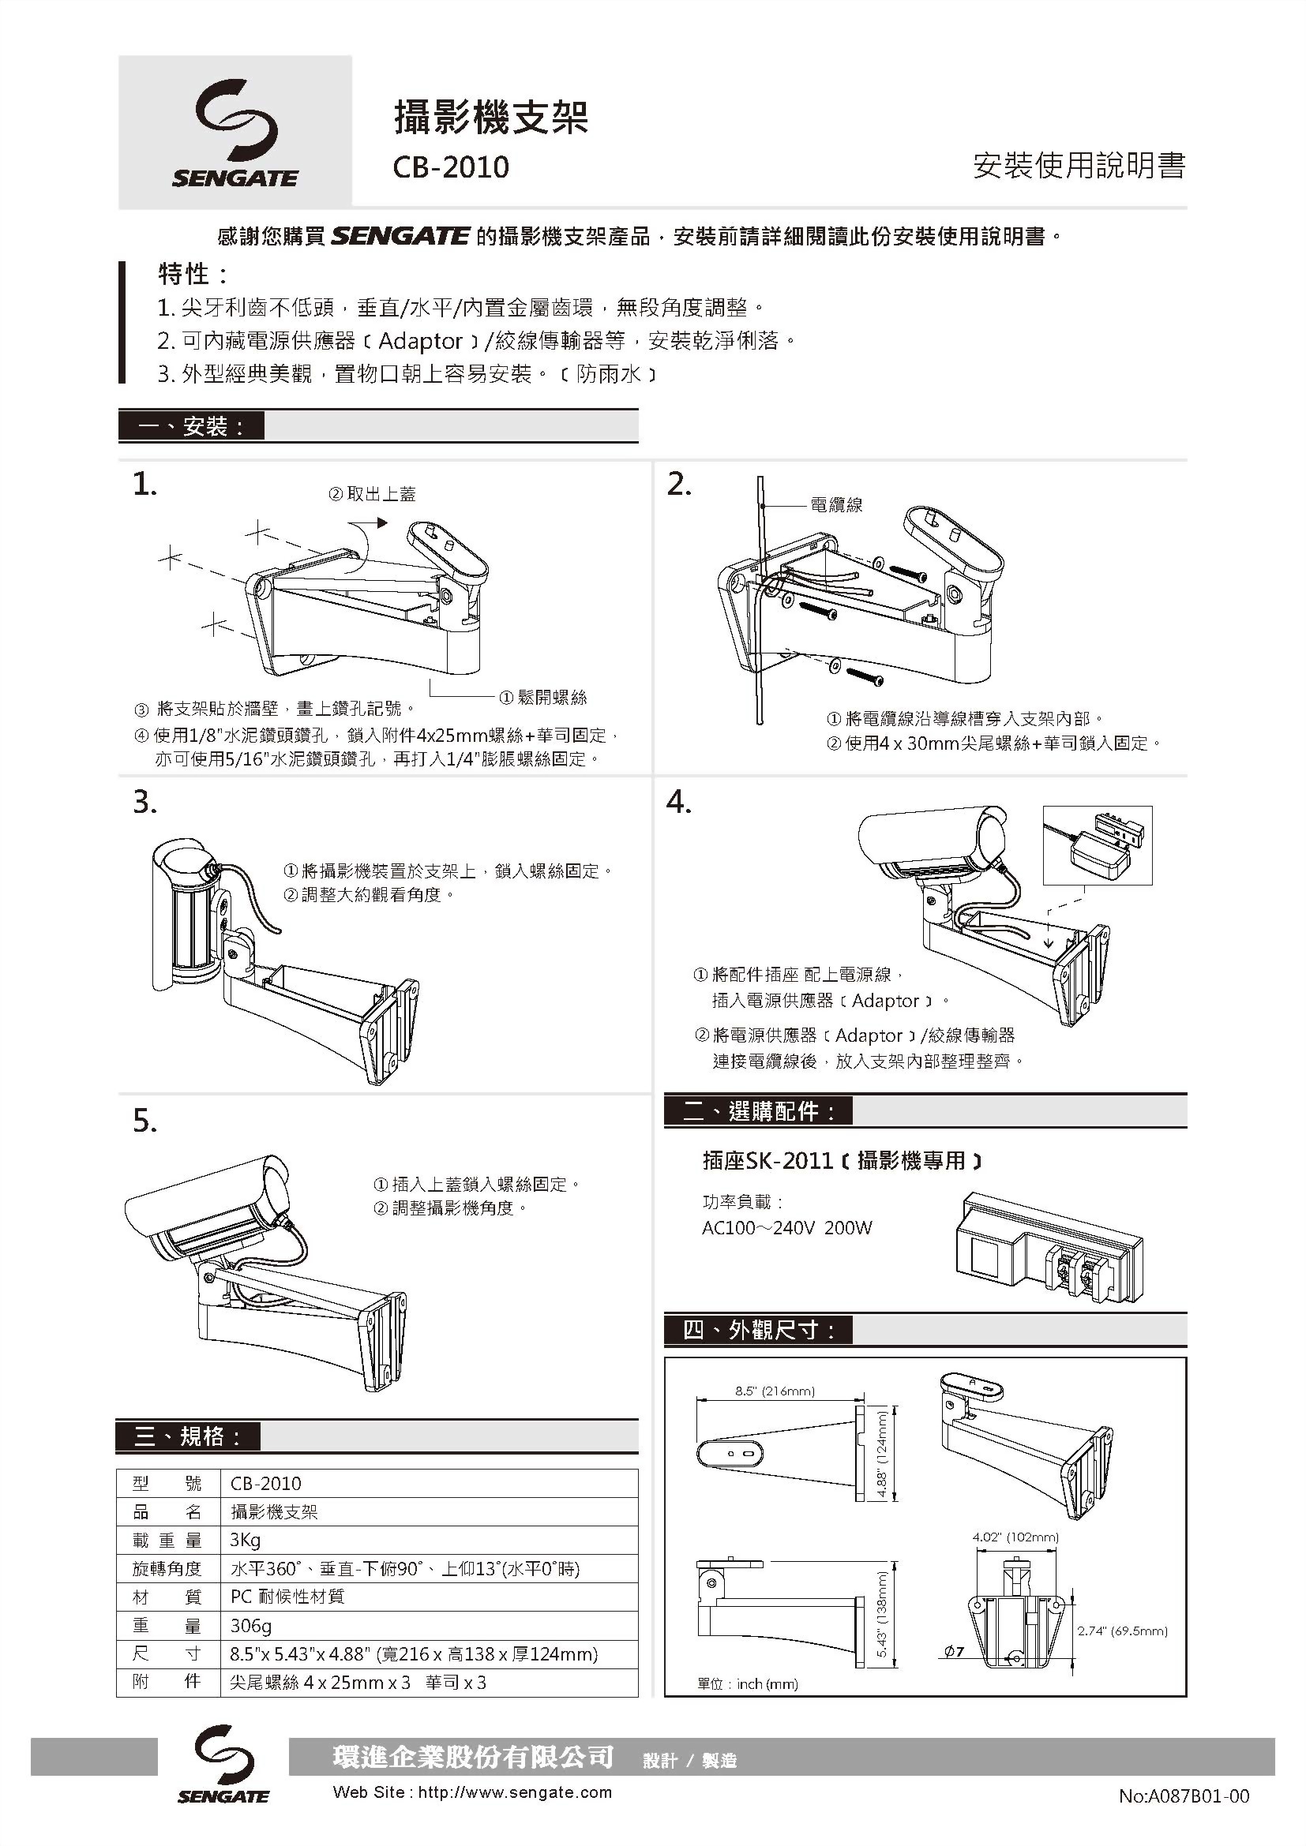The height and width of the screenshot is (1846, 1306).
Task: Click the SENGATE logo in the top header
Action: point(235,133)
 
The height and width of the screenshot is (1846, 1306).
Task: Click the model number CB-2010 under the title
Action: point(450,167)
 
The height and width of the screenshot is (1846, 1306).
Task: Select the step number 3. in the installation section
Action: point(144,803)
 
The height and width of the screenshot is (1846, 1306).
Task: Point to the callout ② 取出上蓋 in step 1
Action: point(373,493)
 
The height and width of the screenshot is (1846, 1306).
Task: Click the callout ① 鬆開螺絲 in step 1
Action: point(542,697)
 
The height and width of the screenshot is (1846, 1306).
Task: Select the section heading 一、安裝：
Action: point(191,426)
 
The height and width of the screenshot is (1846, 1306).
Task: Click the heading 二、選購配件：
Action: point(758,1111)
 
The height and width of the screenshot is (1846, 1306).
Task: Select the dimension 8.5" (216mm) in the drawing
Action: point(775,1391)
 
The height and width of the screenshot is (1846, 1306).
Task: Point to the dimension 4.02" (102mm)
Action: point(1015,1537)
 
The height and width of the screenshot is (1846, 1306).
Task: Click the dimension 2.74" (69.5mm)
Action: point(1122,1631)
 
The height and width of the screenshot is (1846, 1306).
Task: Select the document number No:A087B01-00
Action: point(1183,1796)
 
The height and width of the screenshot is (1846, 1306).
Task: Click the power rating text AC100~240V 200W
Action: point(786,1228)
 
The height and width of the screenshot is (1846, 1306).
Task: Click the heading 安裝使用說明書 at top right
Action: point(1079,166)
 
